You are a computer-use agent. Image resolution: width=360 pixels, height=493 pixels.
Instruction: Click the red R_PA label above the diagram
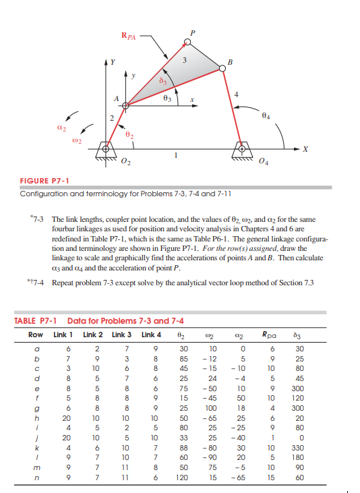coord(129,36)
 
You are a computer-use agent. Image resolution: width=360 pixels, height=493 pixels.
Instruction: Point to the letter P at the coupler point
coord(193,32)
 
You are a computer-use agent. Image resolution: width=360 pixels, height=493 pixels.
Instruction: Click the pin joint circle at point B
coord(222,67)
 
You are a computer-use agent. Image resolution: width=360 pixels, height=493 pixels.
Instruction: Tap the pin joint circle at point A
coord(125,105)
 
